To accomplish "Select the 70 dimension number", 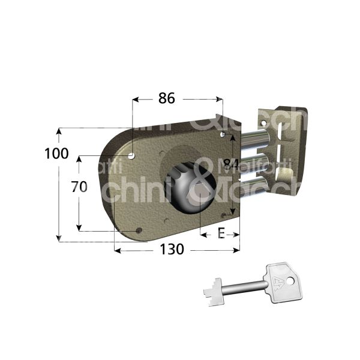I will [x=79, y=187].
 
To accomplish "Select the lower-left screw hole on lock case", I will [x=139, y=230].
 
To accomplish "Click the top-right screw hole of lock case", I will [x=222, y=138].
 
